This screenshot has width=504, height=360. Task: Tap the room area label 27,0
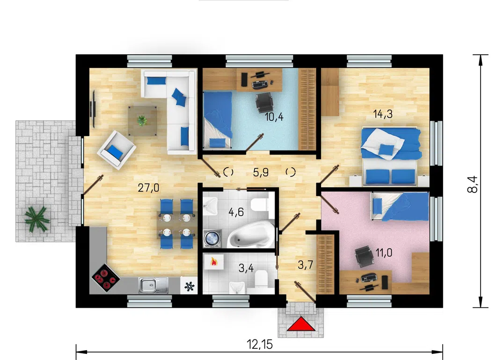click(x=148, y=188)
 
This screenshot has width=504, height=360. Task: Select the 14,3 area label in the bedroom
click(x=383, y=114)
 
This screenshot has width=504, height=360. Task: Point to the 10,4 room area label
click(x=274, y=117)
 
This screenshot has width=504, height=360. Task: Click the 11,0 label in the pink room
click(x=384, y=253)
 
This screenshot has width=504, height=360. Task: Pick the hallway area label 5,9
click(x=261, y=172)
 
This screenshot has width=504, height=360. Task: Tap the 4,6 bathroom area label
click(x=236, y=212)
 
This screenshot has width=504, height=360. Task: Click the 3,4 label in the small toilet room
click(x=246, y=268)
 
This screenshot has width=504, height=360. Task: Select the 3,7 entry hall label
click(x=306, y=265)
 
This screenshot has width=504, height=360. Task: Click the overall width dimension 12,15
click(x=260, y=344)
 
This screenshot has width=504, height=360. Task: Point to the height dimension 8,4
click(x=473, y=184)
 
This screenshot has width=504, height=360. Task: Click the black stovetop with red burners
click(x=105, y=278)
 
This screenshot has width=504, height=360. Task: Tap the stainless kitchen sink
click(x=153, y=286)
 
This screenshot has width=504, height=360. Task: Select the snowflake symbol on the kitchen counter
click(x=190, y=286)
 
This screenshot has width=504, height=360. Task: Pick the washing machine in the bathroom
click(x=212, y=239)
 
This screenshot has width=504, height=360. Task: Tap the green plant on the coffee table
click(x=142, y=121)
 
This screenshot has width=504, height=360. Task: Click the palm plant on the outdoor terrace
click(x=37, y=219)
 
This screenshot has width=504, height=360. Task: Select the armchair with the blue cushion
click(x=117, y=150)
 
